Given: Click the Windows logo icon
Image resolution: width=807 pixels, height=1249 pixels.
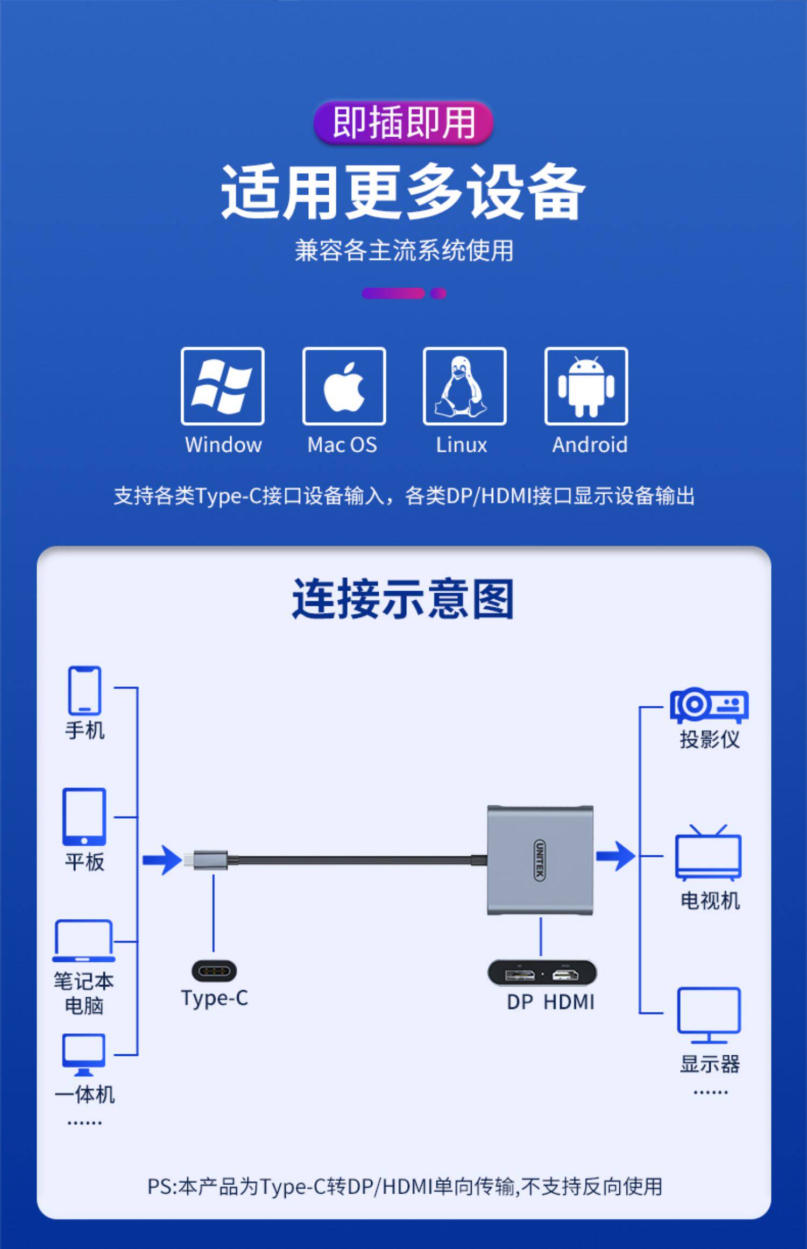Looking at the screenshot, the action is coord(222,386).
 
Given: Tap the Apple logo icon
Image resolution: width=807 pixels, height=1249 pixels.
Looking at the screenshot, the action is coord(344,387).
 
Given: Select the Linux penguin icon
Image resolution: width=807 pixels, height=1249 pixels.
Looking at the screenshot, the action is coord(461,387).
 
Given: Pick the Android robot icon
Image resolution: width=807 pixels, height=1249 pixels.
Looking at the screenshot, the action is coord(586,386).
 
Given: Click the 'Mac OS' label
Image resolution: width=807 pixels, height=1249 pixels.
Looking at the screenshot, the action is coord(342,445).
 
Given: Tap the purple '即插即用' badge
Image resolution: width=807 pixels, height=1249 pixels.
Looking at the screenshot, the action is coord(403,123).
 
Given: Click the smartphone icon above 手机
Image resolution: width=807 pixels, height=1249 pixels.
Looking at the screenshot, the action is coord(84,691).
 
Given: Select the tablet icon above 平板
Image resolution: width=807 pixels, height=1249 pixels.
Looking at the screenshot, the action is coord(84,817).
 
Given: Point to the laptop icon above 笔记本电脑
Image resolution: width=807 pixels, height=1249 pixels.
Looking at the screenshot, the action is coord(83,941).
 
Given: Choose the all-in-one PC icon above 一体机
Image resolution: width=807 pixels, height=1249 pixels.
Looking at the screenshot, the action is coord(84,1055).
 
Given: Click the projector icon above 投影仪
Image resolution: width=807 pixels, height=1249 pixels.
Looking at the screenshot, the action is coord(709,706).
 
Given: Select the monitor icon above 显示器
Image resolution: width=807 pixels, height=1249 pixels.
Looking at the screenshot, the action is coord(709,1016).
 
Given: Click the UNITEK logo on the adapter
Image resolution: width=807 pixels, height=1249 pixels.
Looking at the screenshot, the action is coord(540,860).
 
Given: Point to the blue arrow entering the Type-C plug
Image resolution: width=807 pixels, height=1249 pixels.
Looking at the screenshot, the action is coord(162,860).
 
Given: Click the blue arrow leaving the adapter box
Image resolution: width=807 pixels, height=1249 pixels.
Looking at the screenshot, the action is coord(615,856).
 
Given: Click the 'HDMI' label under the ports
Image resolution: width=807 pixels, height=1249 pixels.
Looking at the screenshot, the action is coord(569,1002).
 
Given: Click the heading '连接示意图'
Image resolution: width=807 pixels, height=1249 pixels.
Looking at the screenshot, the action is coord(403,599).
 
